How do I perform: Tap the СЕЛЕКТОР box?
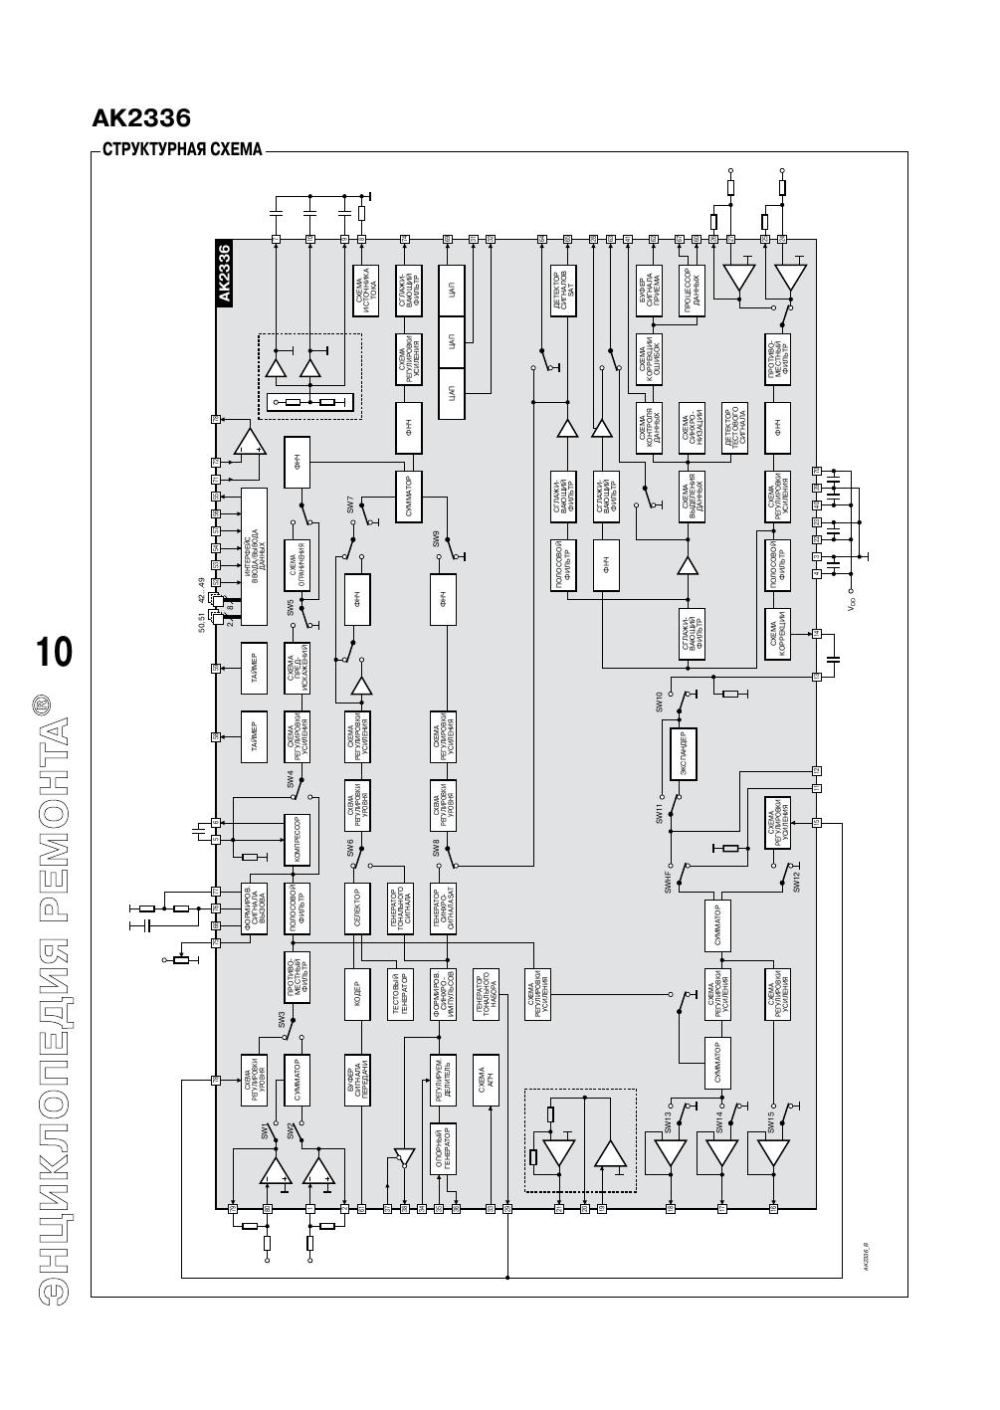357,908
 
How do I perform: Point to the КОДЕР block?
357,995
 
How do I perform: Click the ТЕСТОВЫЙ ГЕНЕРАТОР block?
400,995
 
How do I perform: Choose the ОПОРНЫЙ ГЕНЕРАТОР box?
443,1150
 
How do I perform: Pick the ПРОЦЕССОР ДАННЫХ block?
693,291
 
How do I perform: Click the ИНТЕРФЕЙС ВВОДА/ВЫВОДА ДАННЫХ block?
255,556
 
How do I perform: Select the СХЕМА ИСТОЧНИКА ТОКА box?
365,291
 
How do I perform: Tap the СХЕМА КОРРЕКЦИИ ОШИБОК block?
650,359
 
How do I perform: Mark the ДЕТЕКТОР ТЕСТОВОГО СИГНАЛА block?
734,429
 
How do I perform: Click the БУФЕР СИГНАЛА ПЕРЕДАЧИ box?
357,1079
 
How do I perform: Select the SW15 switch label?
771,1122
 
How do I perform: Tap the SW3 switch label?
282,1020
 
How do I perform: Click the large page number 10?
54,653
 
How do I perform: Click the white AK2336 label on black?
224,273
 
